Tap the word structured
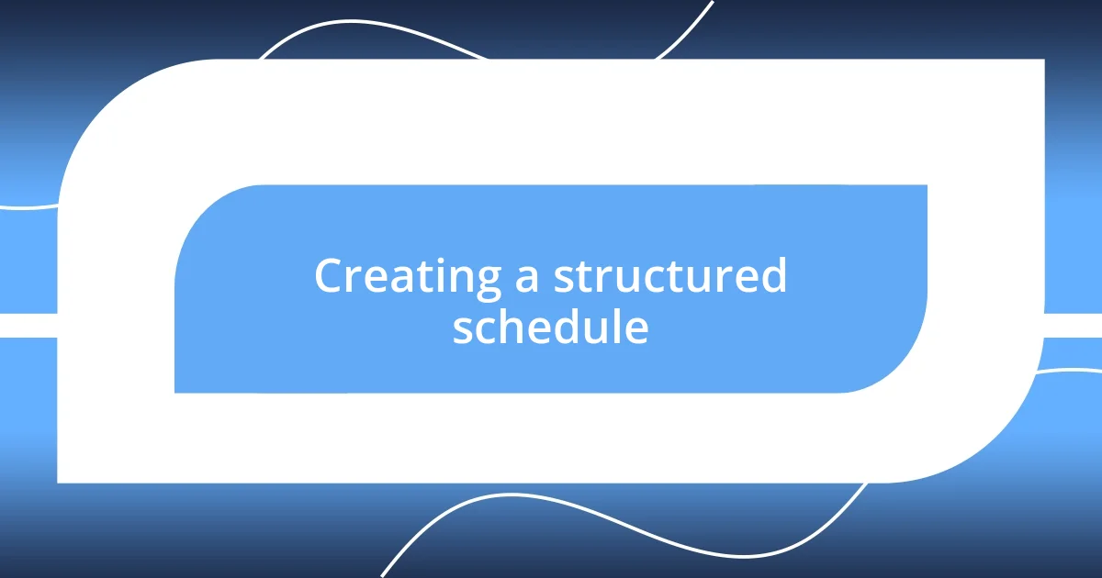(669, 277)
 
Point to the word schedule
(550, 328)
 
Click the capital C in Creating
(330, 276)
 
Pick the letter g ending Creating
(488, 283)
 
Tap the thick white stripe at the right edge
(1074, 326)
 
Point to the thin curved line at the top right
(689, 28)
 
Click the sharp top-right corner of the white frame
(1042, 61)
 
